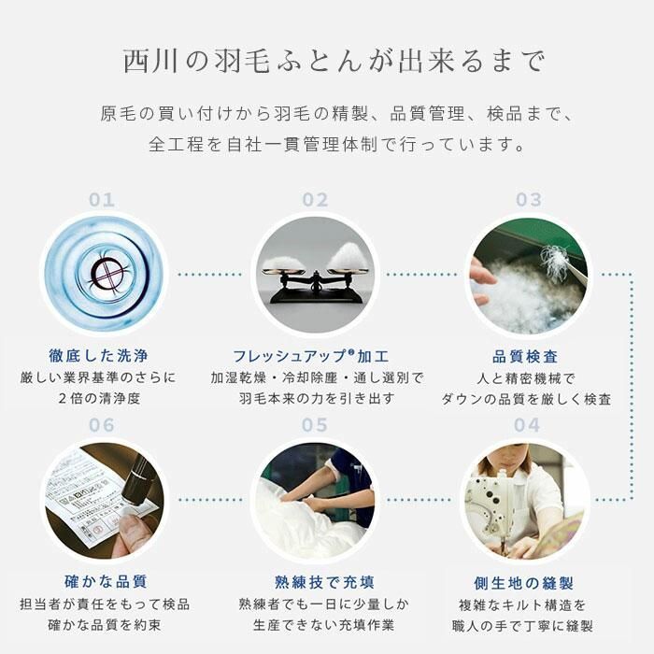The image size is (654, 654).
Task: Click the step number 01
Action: (x=102, y=200)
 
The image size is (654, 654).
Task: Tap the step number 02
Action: (x=315, y=200)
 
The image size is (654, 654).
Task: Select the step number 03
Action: (x=529, y=200)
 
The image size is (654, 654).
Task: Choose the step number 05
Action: (x=315, y=426)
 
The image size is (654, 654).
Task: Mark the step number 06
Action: (x=102, y=426)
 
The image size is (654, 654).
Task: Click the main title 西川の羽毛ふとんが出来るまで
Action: (x=327, y=63)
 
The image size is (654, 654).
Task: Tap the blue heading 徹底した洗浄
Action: (x=104, y=356)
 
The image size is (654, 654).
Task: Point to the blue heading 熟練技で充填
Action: (x=315, y=582)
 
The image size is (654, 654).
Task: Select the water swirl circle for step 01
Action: (x=104, y=274)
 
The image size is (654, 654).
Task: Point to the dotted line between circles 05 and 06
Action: (x=210, y=501)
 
